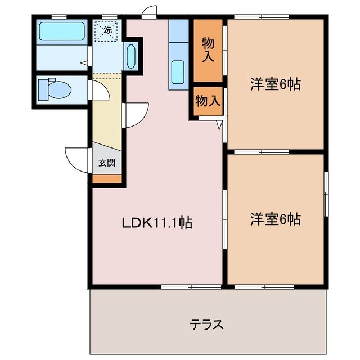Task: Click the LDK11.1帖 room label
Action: (157, 223)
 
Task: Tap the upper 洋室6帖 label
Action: (275, 84)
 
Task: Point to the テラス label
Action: (206, 325)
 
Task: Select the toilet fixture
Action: (54, 89)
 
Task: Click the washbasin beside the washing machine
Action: (130, 57)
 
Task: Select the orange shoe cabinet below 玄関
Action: (107, 179)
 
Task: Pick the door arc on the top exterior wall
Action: (148, 12)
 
